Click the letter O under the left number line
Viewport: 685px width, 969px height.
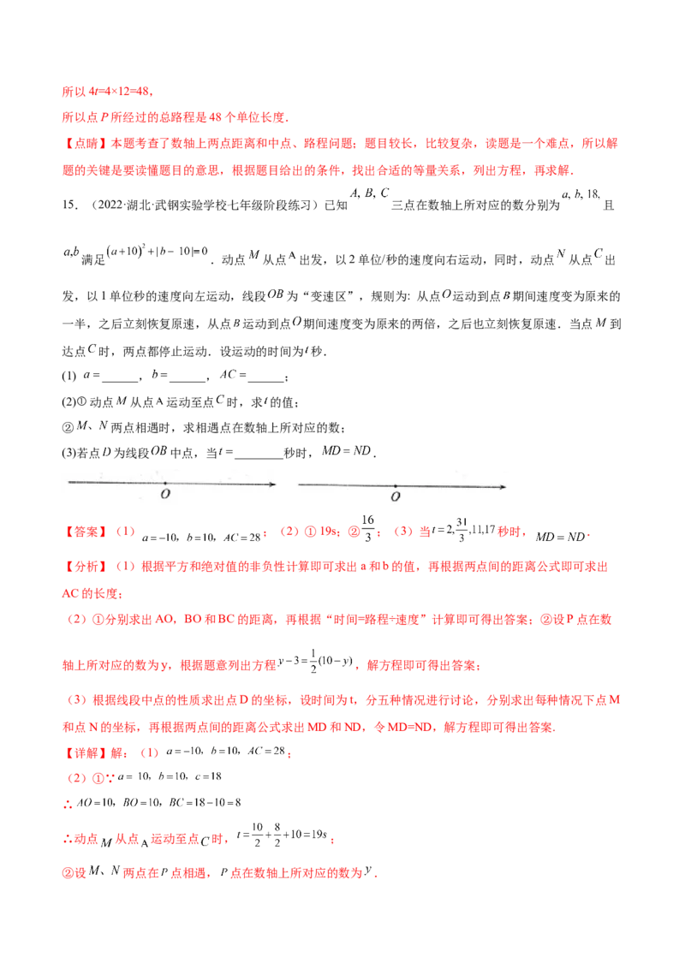coord(165,495)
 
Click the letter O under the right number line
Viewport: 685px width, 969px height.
coord(395,496)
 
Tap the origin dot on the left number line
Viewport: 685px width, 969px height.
coord(165,484)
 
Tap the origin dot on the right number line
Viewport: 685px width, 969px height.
coord(395,485)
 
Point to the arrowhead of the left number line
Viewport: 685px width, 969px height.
coord(271,485)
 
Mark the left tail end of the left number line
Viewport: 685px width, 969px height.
coord(69,484)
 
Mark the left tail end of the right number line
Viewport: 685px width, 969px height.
coord(299,485)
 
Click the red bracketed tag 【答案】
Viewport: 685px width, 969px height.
coord(83,532)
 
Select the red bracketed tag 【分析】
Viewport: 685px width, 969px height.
coord(83,566)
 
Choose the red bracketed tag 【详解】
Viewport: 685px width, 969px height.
coord(83,754)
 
